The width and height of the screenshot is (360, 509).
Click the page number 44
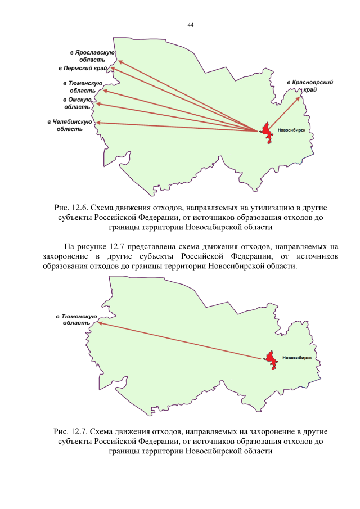(190, 26)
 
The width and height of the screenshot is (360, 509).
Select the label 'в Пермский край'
(83, 69)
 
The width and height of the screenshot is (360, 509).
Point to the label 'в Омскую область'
(78, 103)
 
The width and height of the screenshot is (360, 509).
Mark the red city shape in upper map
(266, 133)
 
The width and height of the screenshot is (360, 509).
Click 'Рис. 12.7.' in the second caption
(71, 431)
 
